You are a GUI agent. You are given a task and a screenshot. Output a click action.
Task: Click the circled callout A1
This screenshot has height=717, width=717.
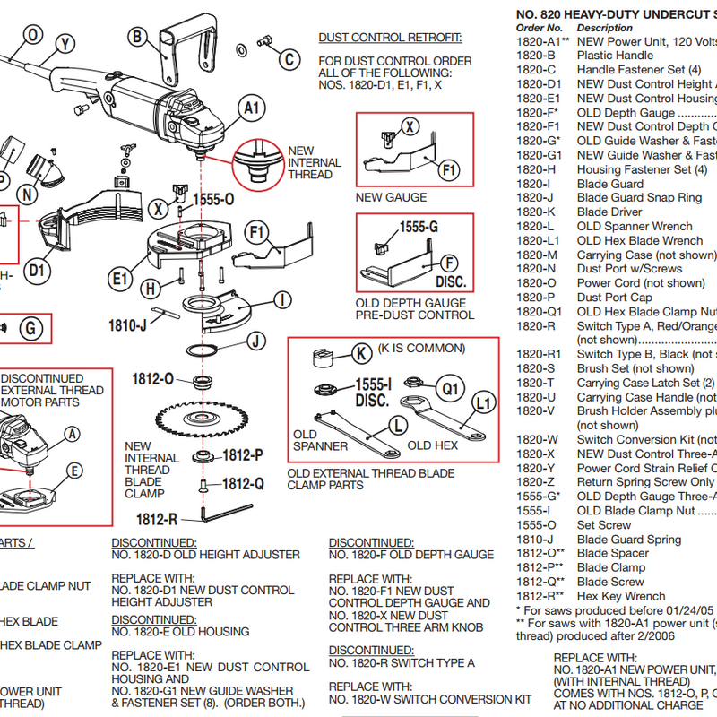coord(253,108)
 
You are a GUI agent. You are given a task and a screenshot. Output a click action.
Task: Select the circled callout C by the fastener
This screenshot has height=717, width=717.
coord(289,60)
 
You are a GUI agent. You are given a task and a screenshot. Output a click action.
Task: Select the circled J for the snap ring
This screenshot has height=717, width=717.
coord(255,341)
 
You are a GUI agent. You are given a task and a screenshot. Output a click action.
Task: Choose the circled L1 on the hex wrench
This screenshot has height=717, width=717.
coord(483,404)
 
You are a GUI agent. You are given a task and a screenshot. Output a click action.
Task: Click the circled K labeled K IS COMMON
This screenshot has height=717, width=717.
coord(361,354)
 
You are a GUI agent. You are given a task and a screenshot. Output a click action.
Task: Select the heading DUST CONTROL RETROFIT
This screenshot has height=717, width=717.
coord(390,38)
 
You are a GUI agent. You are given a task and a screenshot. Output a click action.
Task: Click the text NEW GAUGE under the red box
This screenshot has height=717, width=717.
coord(391,197)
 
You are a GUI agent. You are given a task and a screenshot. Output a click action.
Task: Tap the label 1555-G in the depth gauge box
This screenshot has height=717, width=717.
coord(418,229)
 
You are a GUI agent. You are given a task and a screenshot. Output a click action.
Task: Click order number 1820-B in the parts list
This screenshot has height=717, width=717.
coord(538,56)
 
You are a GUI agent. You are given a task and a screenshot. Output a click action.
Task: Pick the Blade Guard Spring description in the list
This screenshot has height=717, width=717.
coord(629,540)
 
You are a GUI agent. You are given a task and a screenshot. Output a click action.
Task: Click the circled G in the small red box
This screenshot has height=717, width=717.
coord(30,328)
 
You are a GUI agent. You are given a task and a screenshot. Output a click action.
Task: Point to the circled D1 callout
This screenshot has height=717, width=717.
coord(37,270)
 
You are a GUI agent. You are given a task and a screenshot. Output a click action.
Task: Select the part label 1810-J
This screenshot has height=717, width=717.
coord(127,326)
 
